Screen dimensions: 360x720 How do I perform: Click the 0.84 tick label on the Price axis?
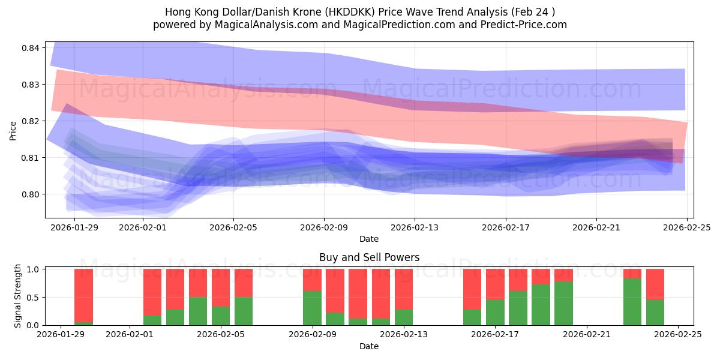point(31,48)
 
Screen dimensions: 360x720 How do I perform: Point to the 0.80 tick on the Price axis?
point(31,194)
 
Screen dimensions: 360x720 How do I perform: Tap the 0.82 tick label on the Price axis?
point(31,121)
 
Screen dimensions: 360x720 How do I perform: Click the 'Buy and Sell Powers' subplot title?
point(369,257)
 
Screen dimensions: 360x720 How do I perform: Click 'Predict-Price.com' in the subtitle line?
point(525,25)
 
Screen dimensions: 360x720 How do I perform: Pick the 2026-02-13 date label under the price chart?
point(415,227)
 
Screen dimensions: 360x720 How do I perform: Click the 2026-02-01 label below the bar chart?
point(130,335)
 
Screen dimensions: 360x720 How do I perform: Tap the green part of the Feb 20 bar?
point(563,303)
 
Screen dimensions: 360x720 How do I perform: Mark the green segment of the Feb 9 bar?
point(312,308)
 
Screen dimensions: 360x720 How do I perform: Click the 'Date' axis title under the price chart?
point(369,239)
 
